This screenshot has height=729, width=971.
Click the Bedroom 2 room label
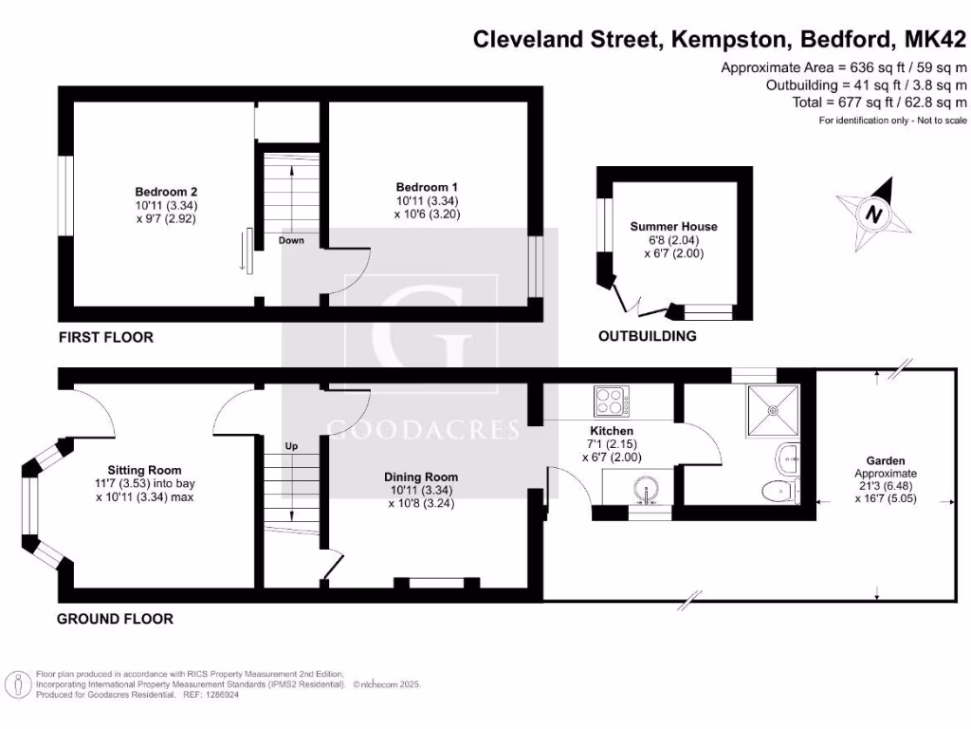165,191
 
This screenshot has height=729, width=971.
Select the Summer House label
674,227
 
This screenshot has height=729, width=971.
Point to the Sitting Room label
144,470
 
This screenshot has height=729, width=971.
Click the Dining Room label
421,477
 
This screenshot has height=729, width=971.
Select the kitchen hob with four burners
612,402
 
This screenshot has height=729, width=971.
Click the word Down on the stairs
291,240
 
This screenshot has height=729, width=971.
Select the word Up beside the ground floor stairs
293,445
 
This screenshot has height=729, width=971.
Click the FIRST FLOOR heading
105,337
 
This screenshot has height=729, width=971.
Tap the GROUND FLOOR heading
115,619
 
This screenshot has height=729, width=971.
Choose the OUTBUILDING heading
647,336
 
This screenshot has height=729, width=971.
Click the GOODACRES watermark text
423,429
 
